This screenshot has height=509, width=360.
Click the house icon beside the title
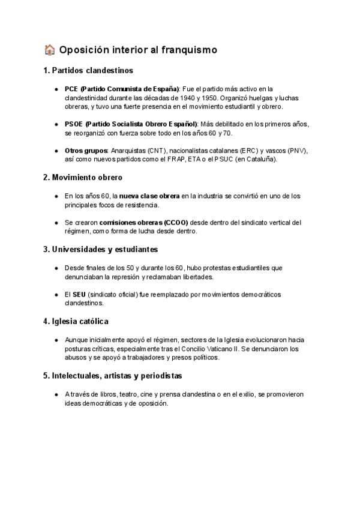point(50,50)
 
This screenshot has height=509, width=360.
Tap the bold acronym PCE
point(71,89)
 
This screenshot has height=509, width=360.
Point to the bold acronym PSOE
point(74,124)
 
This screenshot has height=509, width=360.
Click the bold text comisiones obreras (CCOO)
point(143,222)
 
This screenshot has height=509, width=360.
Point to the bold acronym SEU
point(79,294)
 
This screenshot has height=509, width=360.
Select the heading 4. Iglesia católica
point(76,321)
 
